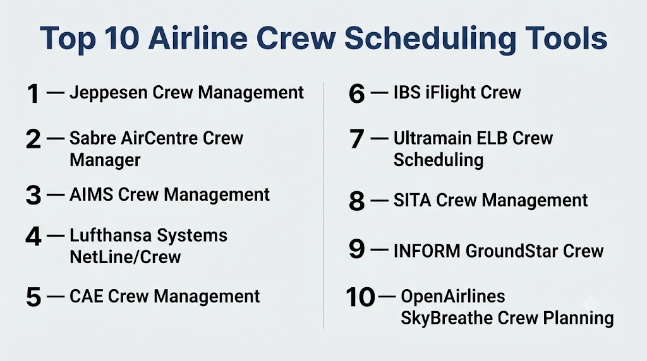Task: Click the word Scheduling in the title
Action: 430,38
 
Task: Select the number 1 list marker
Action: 33,93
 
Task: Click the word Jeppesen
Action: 109,93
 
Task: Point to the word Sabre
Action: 92,138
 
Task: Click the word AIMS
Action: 91,194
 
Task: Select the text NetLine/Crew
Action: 125,257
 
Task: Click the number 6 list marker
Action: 356,93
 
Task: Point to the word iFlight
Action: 450,93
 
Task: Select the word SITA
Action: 412,200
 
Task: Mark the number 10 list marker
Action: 360,297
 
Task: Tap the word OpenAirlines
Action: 453,296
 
